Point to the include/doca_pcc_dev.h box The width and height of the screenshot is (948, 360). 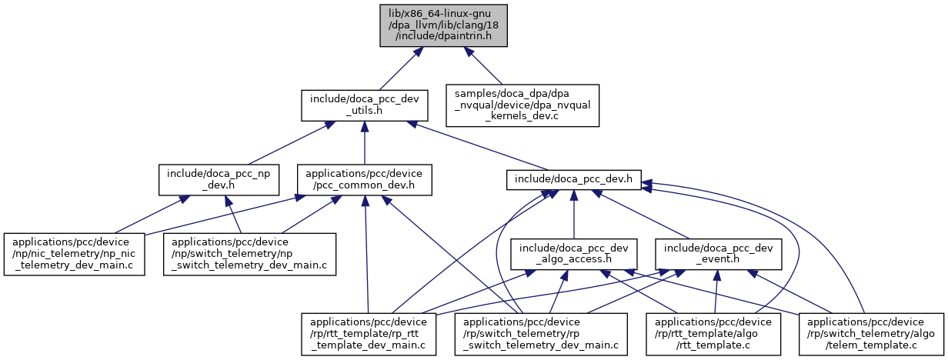tap(573, 180)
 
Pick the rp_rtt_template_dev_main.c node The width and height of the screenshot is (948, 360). tap(368, 332)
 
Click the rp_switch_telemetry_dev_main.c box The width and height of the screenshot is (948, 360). tap(541, 332)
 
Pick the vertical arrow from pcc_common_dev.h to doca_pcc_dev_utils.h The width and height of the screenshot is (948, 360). tap(364, 145)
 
